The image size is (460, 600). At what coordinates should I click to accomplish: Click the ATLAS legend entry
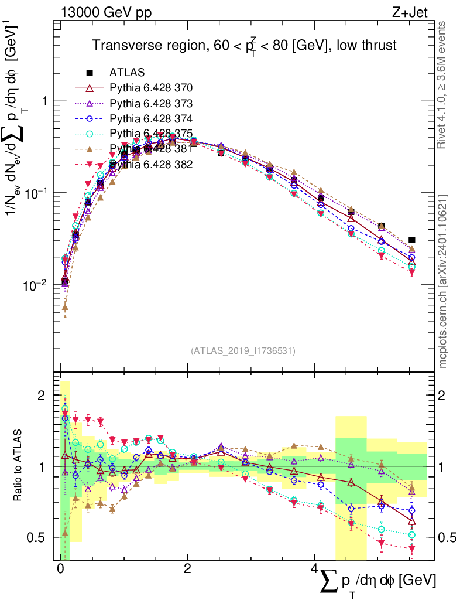(x=127, y=73)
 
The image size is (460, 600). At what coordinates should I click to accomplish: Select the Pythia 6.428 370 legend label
(x=151, y=88)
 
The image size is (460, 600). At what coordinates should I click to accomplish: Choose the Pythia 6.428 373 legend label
(x=151, y=103)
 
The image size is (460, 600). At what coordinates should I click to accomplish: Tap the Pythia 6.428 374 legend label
(x=151, y=118)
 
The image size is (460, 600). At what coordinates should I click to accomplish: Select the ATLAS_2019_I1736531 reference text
(x=243, y=351)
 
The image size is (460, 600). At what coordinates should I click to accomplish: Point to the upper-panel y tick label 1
(x=43, y=101)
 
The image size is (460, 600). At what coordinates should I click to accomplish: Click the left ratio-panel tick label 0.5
(x=37, y=537)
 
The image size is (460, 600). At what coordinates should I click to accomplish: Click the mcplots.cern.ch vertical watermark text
(x=443, y=281)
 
